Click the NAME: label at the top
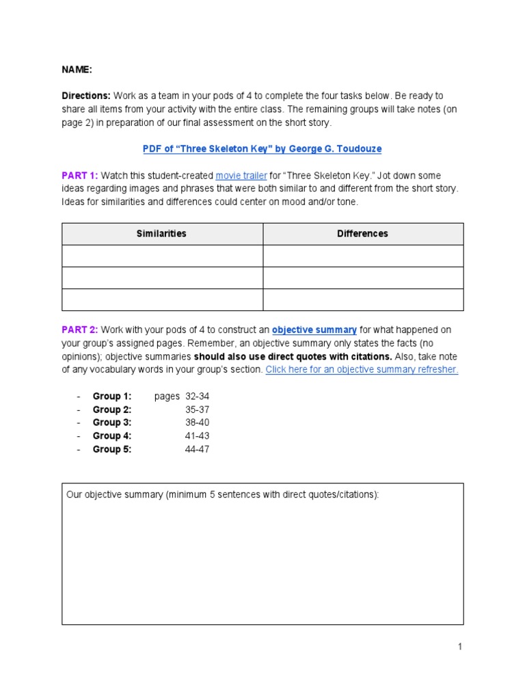coord(76,70)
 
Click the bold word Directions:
coord(86,96)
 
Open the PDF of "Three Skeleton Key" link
coord(262,149)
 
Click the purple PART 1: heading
coord(79,176)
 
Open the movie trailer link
coord(241,176)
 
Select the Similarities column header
coord(161,234)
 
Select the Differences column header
coord(362,234)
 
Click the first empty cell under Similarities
coord(162,256)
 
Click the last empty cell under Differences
coord(363,299)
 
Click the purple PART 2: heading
coord(80,330)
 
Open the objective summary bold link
coord(314,330)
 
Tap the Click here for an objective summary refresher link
coord(362,370)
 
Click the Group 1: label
coord(112,396)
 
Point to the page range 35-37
coord(197,409)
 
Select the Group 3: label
coord(112,422)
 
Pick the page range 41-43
coord(197,436)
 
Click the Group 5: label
coord(112,449)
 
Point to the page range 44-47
coord(197,449)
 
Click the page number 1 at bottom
coord(460,647)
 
